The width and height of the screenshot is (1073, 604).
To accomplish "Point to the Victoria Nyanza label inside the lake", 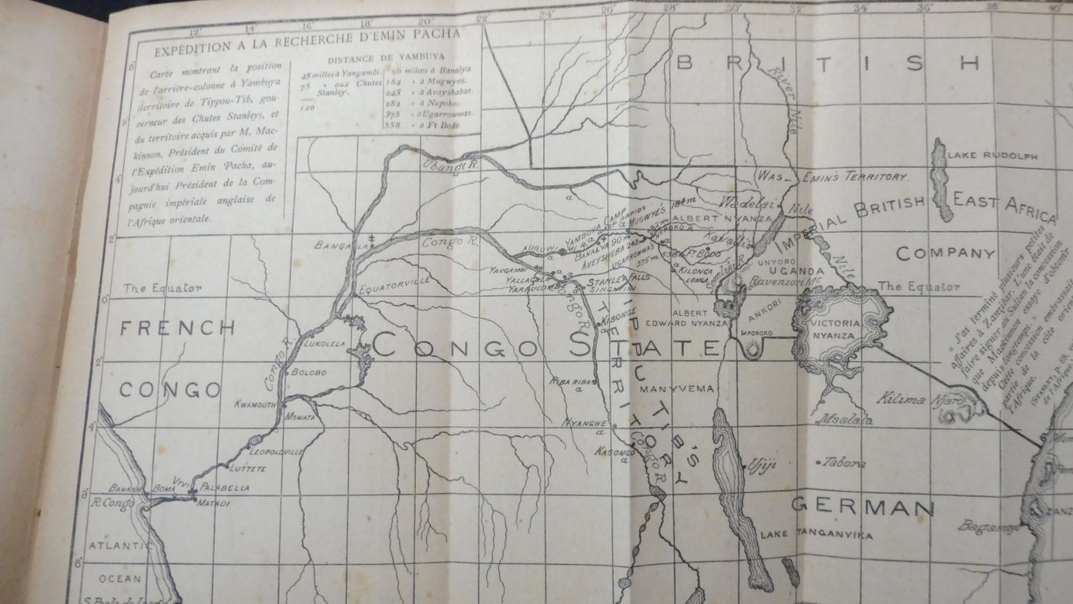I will [839, 330].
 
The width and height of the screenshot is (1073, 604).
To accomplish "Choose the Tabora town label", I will [844, 463].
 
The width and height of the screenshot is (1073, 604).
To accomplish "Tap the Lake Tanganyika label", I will [805, 534].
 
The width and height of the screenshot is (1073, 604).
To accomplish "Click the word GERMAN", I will [862, 507].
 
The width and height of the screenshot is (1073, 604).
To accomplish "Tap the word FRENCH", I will [177, 327].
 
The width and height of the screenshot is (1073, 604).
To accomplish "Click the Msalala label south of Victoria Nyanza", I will [844, 420].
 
